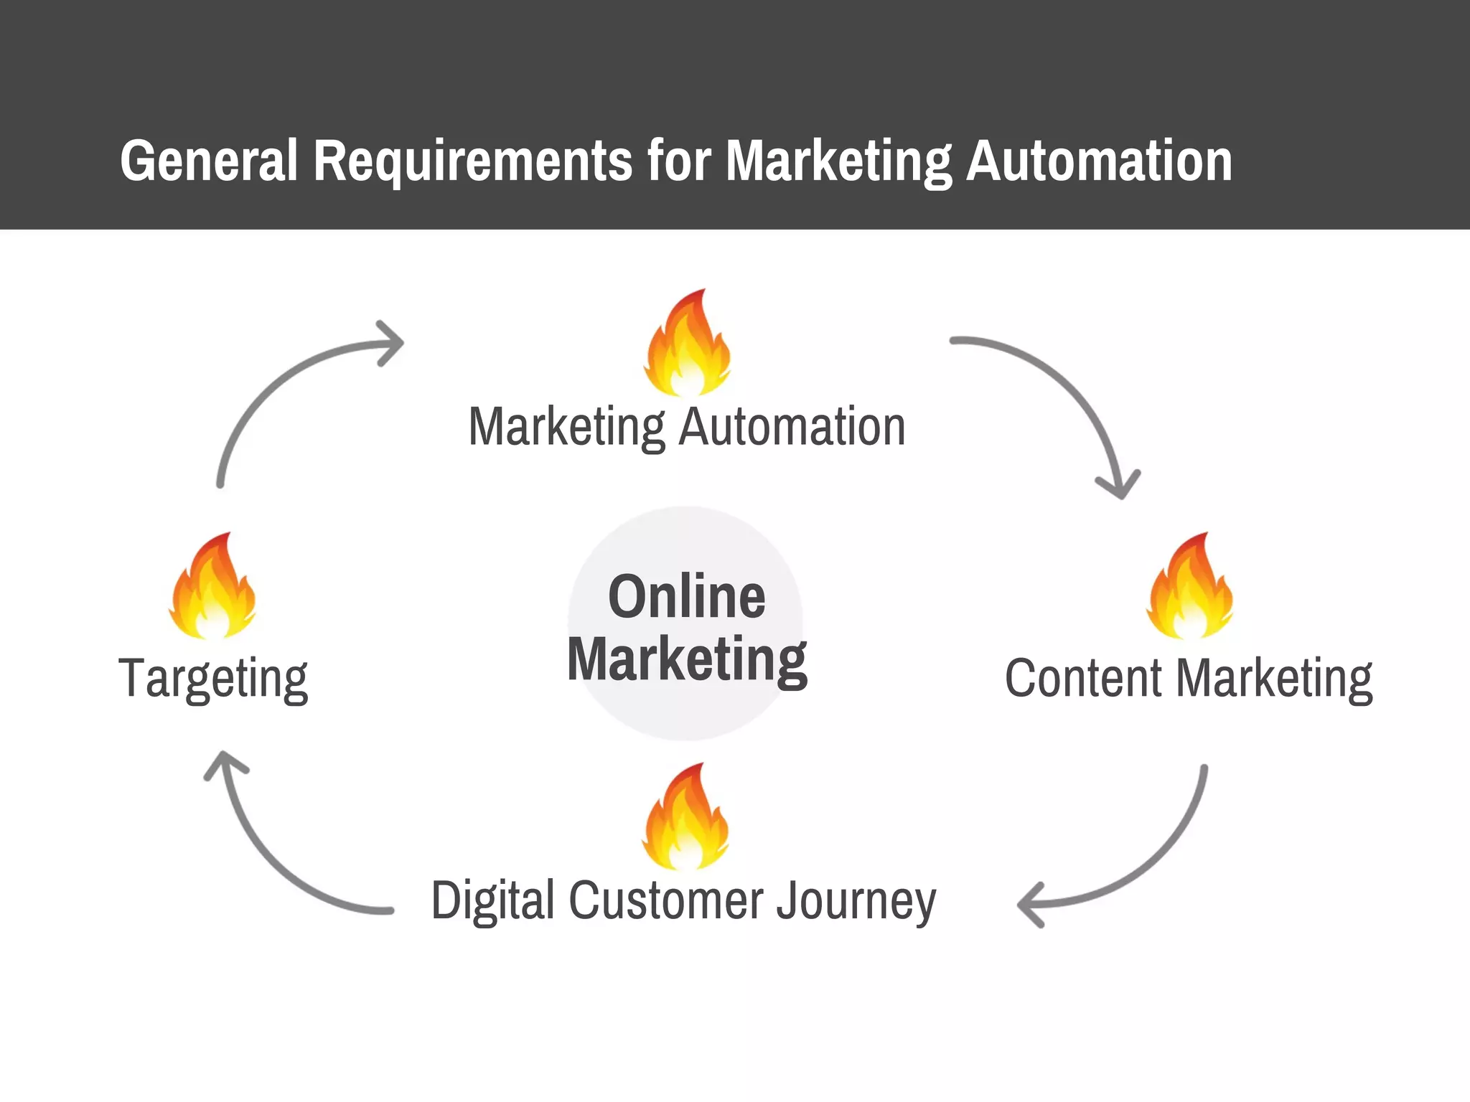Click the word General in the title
pyautogui.click(x=208, y=161)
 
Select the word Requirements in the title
pyautogui.click(x=473, y=161)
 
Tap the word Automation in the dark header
pyautogui.click(x=1099, y=161)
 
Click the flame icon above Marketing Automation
pyautogui.click(x=688, y=344)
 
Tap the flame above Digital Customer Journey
pyautogui.click(x=686, y=818)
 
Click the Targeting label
pyautogui.click(x=213, y=679)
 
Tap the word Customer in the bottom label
pyautogui.click(x=667, y=901)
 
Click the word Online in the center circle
pyautogui.click(x=687, y=597)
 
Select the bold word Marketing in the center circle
pyautogui.click(x=687, y=660)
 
